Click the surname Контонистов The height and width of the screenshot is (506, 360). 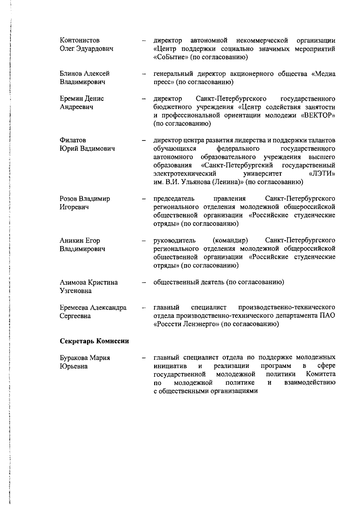pyautogui.click(x=80, y=40)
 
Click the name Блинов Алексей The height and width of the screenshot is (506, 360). pyautogui.click(x=85, y=74)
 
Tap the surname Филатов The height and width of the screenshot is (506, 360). pyautogui.click(x=73, y=140)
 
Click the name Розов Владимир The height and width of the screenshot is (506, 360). pyautogui.click(x=85, y=199)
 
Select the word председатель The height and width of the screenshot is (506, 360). pyautogui.click(x=174, y=199)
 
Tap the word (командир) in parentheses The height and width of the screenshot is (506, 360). pyautogui.click(x=230, y=241)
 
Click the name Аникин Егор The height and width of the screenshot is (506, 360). pyautogui.click(x=80, y=241)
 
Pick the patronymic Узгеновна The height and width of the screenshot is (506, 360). pyautogui.click(x=76, y=291)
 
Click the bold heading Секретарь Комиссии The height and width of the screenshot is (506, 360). pyautogui.click(x=94, y=341)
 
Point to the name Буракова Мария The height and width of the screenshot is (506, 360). pyautogui.click(x=85, y=358)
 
